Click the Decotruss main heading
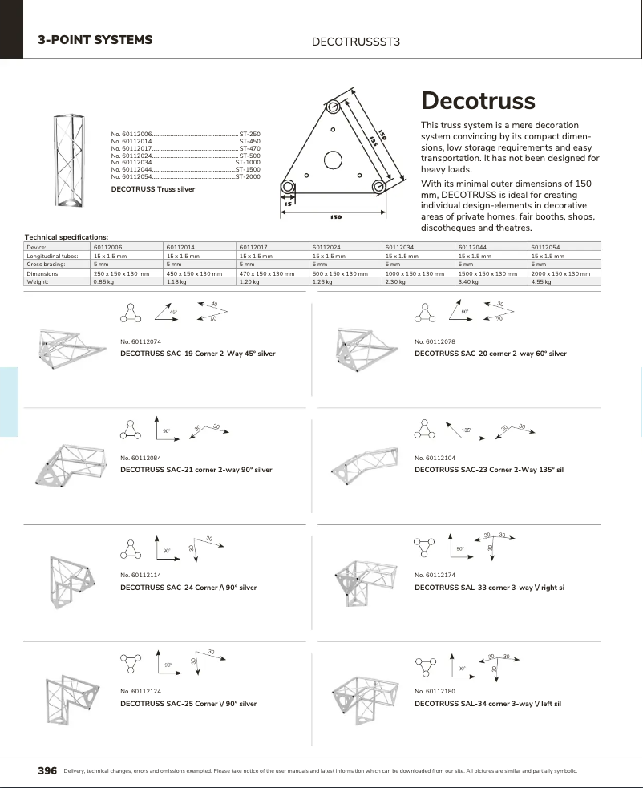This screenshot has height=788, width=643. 478,102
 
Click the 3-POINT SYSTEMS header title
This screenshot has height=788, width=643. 95,40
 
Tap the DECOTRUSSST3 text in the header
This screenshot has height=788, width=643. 354,42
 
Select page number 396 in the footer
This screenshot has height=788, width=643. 47,770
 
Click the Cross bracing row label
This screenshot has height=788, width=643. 46,265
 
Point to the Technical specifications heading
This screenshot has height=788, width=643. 67,237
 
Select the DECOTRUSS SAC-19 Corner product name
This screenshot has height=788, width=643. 197,353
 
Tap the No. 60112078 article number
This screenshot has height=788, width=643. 435,342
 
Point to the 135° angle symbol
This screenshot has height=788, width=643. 466,430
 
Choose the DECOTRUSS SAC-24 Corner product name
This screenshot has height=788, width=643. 188,588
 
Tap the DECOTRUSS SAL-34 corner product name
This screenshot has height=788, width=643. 487,703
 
